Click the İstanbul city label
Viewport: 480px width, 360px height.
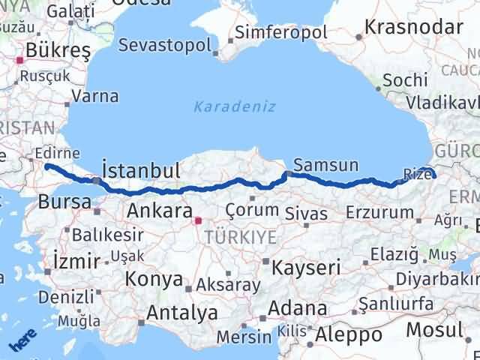click(140, 169)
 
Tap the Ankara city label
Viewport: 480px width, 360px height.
click(159, 211)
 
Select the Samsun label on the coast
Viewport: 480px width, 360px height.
click(326, 165)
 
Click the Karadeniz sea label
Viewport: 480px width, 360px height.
click(224, 106)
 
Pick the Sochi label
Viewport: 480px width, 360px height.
click(404, 80)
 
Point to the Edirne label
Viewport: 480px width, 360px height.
click(56, 153)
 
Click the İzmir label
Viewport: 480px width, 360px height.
click(76, 262)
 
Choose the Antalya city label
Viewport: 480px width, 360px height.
click(182, 311)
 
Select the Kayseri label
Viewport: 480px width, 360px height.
click(306, 266)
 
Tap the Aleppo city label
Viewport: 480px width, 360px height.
click(349, 334)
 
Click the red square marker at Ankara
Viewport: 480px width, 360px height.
click(198, 221)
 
